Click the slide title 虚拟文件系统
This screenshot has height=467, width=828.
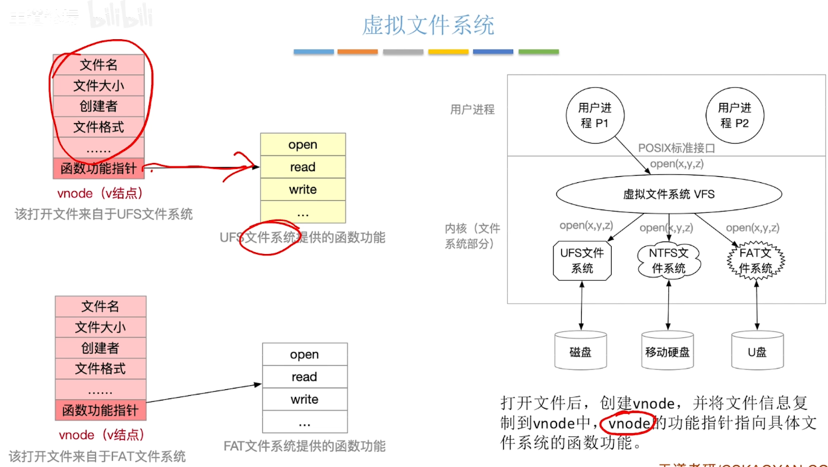tap(428, 25)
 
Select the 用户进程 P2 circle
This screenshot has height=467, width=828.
tap(734, 115)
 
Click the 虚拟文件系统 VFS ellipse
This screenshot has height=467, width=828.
tap(668, 194)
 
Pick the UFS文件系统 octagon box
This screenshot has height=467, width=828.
tap(582, 261)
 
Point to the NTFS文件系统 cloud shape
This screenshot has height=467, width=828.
tap(668, 261)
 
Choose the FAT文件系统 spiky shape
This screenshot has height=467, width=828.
tap(755, 261)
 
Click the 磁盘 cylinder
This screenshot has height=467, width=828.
tap(580, 351)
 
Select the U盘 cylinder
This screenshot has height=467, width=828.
tap(757, 351)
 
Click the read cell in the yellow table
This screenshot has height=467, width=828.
tap(303, 167)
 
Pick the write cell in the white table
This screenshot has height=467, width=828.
tap(304, 399)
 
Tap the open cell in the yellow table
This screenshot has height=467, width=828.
tap(303, 145)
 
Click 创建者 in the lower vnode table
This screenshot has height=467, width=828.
tap(101, 348)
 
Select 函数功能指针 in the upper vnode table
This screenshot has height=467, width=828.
tap(99, 169)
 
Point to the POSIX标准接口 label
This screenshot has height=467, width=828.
tap(676, 148)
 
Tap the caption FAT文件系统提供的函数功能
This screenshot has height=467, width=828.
tap(304, 446)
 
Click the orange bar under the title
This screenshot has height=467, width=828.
tap(357, 52)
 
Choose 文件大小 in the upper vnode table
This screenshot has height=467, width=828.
tap(99, 86)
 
